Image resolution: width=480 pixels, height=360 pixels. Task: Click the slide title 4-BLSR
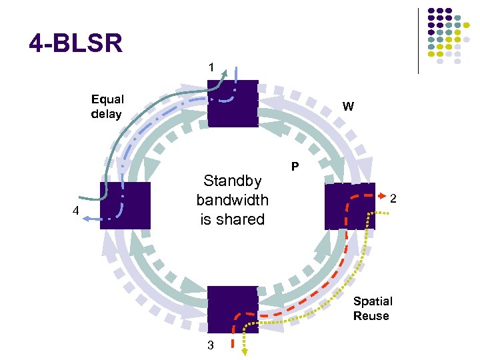(76, 45)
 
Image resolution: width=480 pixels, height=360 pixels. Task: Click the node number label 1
(211, 67)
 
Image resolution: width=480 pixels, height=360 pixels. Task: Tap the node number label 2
(394, 198)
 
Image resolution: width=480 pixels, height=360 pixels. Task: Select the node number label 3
(211, 345)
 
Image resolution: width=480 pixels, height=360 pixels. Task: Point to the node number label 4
(76, 211)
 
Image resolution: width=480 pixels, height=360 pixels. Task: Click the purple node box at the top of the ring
(232, 103)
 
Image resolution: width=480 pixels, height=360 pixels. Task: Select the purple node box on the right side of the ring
(350, 206)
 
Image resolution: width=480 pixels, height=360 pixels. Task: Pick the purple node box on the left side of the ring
(125, 205)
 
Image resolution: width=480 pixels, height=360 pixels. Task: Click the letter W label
(349, 106)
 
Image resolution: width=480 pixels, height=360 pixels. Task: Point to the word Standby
(232, 181)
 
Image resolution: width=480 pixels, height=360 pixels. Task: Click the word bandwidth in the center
(232, 200)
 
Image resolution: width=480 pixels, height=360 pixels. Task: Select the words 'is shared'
(232, 219)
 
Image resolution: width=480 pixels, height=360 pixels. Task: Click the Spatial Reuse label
(373, 309)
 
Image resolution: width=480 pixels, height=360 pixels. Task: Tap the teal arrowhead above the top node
(225, 72)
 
